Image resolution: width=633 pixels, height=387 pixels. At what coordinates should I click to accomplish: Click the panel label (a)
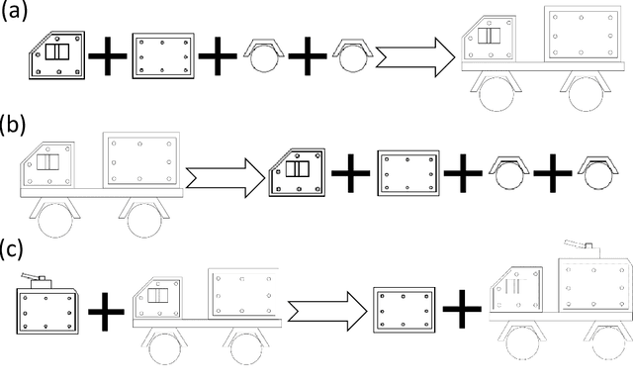click(14, 11)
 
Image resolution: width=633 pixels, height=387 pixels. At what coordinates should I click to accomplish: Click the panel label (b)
click(13, 125)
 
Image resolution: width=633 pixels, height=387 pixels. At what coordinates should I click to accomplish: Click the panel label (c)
click(12, 248)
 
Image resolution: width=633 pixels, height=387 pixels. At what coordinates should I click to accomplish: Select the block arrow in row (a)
click(415, 57)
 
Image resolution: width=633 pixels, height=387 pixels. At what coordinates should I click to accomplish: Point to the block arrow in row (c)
click(327, 311)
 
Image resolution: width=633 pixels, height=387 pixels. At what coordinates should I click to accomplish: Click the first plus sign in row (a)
click(108, 55)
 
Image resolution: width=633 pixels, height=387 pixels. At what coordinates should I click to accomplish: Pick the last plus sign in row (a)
click(308, 55)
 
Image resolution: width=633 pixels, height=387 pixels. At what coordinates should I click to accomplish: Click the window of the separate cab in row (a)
click(57, 52)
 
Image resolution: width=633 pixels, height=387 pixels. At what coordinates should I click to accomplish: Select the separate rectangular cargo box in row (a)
click(163, 55)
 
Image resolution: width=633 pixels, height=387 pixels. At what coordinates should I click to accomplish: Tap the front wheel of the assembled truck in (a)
click(497, 94)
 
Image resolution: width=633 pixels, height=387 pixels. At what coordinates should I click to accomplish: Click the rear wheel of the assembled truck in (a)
click(586, 94)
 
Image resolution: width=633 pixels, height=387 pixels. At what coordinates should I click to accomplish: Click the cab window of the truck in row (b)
click(48, 162)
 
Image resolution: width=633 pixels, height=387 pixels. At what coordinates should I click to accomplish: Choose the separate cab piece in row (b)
click(297, 172)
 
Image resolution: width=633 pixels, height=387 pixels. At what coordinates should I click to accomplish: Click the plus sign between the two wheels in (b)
click(552, 173)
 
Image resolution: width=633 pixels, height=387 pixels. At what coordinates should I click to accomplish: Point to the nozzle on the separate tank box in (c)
click(33, 276)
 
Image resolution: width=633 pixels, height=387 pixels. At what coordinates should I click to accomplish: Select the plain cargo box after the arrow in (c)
click(405, 310)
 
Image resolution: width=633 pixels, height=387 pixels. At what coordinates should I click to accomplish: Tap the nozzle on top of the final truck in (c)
click(578, 244)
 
